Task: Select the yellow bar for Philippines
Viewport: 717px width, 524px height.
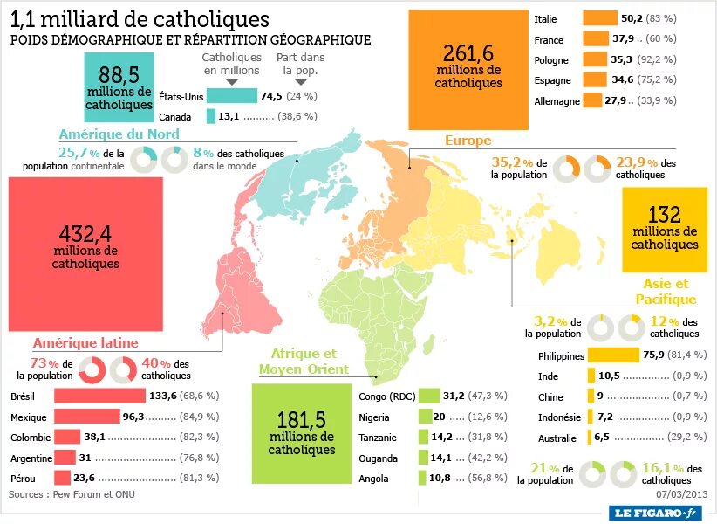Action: tap(613, 355)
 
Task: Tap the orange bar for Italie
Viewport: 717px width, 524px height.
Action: tap(599, 18)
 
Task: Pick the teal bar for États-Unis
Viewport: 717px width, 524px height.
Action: tap(231, 96)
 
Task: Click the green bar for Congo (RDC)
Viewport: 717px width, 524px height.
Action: tap(429, 396)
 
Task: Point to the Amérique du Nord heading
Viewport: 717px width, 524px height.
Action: tap(119, 134)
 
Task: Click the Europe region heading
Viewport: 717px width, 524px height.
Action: tap(468, 141)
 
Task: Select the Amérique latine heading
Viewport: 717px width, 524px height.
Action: tap(85, 343)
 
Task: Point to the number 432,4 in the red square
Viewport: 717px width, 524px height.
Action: tap(85, 233)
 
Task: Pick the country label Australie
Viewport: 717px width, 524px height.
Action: tap(557, 438)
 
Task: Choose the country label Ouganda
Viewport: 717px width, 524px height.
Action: tap(378, 458)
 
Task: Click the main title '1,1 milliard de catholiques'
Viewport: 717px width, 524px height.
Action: tap(140, 19)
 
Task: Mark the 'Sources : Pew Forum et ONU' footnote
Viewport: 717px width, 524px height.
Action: tap(72, 495)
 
